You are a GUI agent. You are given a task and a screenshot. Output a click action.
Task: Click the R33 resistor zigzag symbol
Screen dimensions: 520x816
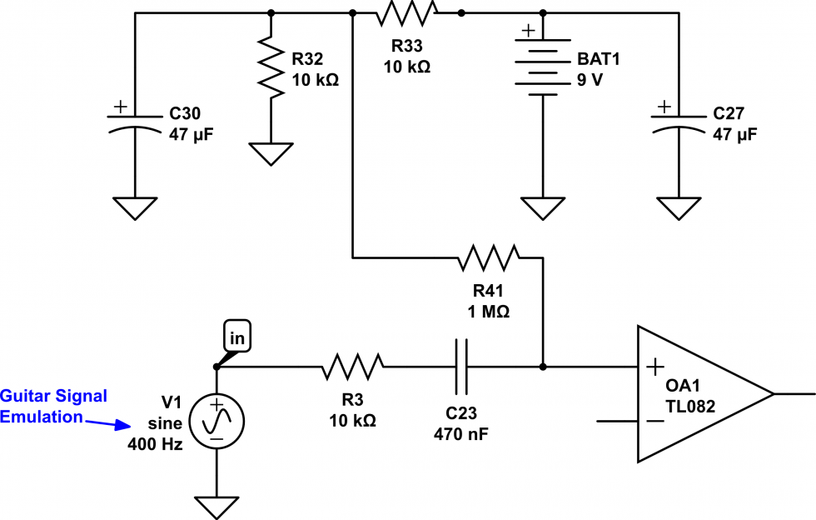[x=406, y=12]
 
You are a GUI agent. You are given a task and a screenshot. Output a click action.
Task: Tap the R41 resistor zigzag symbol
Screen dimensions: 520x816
[x=490, y=257]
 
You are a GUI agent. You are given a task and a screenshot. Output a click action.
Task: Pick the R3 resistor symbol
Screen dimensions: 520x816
[x=353, y=366]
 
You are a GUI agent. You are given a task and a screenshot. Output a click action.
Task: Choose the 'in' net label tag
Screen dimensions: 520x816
[x=236, y=337]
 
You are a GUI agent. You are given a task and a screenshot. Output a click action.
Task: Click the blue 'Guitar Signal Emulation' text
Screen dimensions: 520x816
[x=53, y=406]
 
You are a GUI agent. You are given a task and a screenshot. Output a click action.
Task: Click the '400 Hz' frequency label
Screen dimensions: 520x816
[x=155, y=444]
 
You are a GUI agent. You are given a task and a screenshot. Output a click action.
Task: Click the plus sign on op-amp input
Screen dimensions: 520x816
[x=656, y=366]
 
